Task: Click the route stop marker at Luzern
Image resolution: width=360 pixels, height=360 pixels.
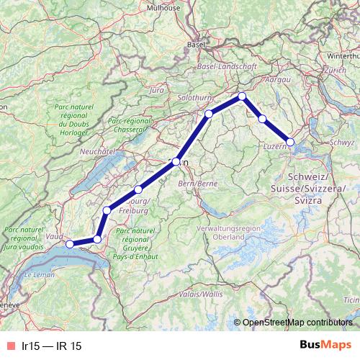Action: point(290,142)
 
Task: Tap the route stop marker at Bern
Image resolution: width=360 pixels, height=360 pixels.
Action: point(176,162)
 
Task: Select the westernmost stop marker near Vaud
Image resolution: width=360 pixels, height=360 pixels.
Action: point(70,244)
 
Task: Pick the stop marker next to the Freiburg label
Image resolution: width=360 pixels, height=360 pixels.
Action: point(138,189)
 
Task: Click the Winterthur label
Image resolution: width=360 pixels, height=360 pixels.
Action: point(343,55)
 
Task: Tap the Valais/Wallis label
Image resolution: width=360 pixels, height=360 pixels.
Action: point(202,294)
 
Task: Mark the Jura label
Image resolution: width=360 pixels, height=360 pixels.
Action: point(156,91)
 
